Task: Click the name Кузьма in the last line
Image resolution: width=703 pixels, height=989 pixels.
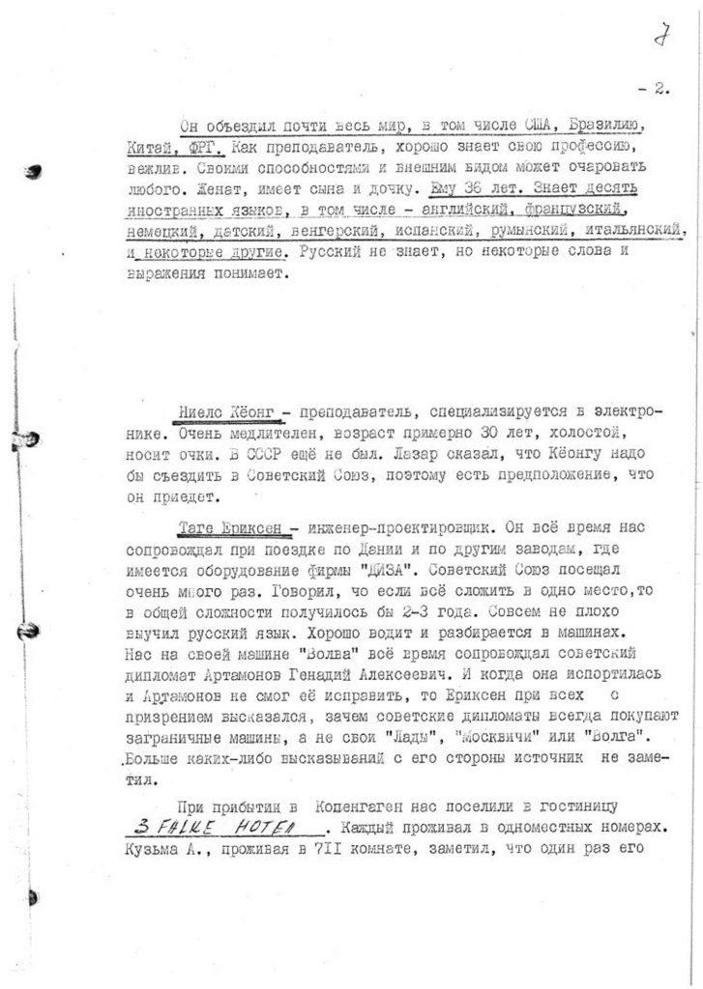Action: [x=153, y=850]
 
